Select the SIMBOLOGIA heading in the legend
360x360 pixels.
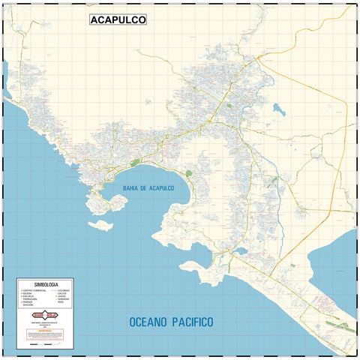[46, 285]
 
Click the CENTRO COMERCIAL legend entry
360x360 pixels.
[34, 290]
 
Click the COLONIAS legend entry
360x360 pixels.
[63, 290]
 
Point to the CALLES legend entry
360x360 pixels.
[61, 293]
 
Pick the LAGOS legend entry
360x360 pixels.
[61, 296]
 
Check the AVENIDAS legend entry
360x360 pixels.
[63, 299]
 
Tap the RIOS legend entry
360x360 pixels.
[60, 302]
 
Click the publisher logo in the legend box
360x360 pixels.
[46, 315]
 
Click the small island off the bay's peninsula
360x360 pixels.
[98, 224]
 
